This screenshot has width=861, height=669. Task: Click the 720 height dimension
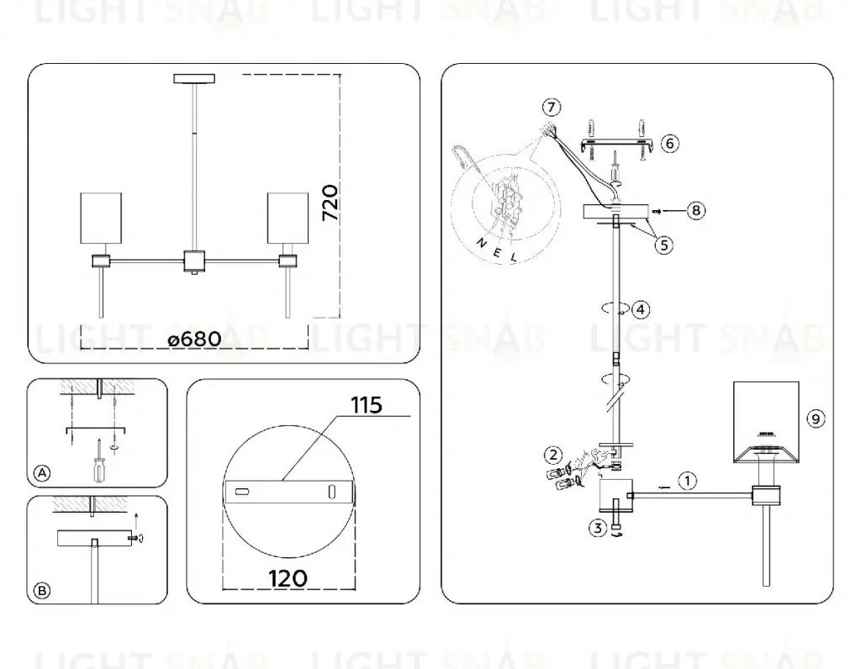pos(330,203)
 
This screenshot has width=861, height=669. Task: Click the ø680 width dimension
pos(195,339)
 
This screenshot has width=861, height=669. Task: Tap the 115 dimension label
pos(367,406)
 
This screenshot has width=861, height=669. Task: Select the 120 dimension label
pos(288,578)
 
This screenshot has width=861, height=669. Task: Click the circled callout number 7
pos(552,107)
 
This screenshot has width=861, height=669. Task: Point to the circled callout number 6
pos(669,144)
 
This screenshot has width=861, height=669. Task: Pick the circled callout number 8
pos(695,210)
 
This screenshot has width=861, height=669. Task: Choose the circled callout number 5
pos(664,245)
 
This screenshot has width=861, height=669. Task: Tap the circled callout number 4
pos(640,309)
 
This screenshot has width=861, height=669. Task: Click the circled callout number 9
pos(816,419)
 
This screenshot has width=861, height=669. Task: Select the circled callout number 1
pos(687,481)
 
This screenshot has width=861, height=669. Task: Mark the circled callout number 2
pos(553,455)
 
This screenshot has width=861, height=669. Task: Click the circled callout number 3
pos(598,528)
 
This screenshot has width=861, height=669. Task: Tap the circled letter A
pos(42,473)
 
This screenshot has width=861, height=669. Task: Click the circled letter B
pos(42,591)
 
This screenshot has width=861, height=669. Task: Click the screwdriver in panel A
pos(99,462)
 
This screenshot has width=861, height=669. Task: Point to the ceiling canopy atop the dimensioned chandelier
pos(194,78)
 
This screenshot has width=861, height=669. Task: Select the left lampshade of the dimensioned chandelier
pos(101,218)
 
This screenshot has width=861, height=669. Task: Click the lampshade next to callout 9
pos(767,422)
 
